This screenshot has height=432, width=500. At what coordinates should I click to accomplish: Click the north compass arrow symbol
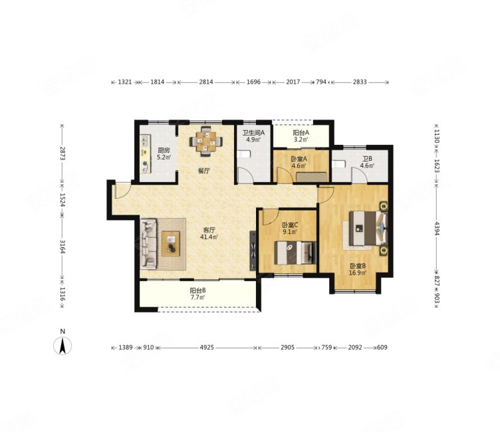(62, 346)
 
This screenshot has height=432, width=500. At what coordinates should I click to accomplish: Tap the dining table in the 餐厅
(205, 142)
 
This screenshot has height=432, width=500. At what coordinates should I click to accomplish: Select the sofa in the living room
(149, 244)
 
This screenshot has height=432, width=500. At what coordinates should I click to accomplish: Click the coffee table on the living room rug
(171, 244)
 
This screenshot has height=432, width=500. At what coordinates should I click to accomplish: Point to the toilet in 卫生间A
(244, 154)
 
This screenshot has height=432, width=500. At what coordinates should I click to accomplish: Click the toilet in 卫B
(338, 165)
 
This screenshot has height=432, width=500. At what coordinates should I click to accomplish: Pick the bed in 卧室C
(295, 253)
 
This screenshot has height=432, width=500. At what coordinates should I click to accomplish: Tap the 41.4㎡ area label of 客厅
(209, 237)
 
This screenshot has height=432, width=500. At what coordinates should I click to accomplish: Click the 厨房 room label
(164, 150)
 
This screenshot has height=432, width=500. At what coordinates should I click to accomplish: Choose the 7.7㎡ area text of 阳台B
(197, 297)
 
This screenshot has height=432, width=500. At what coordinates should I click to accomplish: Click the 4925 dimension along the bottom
(207, 347)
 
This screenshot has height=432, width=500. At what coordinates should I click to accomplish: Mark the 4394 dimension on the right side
(437, 228)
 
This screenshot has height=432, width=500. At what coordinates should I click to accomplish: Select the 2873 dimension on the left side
(62, 154)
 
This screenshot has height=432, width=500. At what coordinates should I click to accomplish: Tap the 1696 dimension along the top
(253, 82)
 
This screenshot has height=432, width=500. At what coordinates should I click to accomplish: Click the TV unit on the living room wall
(253, 251)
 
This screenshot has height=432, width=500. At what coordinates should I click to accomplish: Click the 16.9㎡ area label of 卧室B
(358, 272)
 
